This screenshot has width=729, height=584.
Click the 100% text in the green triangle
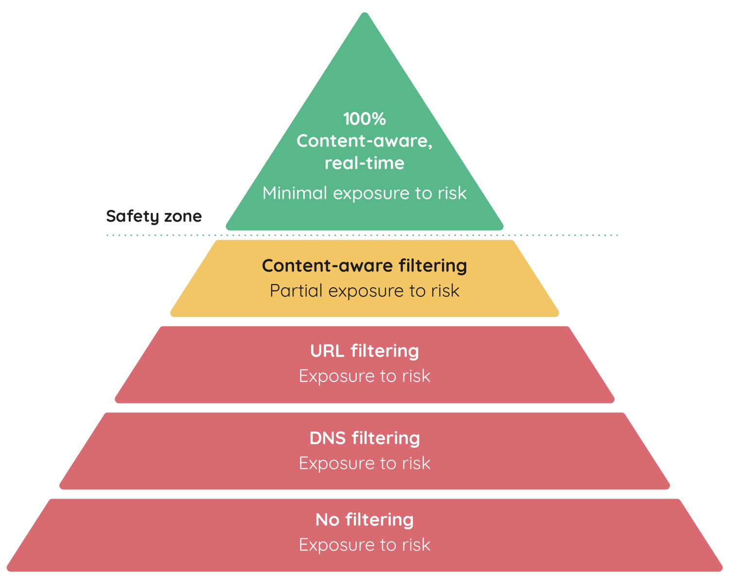pos(364,119)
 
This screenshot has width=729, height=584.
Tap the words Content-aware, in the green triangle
pos(364,141)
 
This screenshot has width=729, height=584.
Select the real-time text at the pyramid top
pos(364,163)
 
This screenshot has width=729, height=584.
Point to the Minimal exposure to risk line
pos(364,193)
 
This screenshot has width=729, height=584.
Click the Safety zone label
pos(154,217)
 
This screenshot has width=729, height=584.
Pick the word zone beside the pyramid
pos(183,217)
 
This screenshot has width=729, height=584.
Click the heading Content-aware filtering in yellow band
pos(364,266)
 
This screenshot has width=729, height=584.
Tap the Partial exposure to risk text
pos(364,291)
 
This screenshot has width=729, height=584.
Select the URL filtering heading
pos(364,351)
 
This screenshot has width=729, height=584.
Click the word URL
pos(327,351)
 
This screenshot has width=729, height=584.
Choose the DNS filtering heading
pos(364,438)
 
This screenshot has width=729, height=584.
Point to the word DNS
pos(327,438)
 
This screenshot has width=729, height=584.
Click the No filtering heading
pos(364,520)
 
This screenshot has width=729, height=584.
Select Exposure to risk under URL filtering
pos(364,376)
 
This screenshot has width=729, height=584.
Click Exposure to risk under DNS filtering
pos(364,464)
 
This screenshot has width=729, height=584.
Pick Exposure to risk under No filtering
pos(364,545)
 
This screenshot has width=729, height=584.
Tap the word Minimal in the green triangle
pos(295,193)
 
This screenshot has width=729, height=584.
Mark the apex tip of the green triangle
pos(364,15)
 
